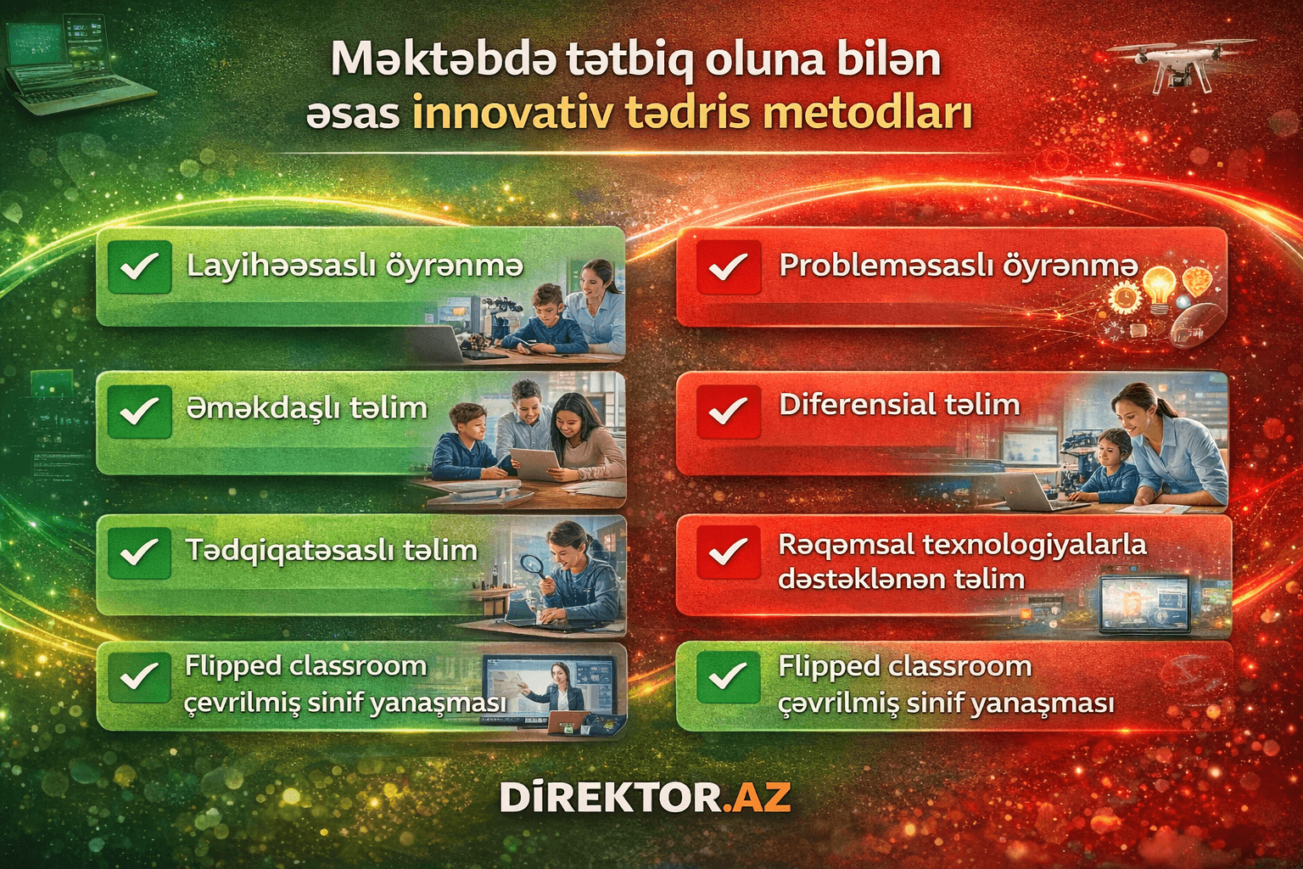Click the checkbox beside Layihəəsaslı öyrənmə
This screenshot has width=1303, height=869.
point(139,267)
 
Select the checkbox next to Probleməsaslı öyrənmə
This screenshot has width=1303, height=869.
point(727,267)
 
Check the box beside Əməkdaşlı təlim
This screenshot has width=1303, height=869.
point(139,410)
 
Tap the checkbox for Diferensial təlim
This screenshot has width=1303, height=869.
point(727,410)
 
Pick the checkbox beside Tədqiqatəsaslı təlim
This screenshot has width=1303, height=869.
point(139,552)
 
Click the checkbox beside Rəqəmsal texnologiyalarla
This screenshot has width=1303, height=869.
point(727,552)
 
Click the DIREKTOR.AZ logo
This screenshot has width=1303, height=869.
point(645,798)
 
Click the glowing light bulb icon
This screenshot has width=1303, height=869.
point(1158,284)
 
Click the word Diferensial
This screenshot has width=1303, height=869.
point(852,405)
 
